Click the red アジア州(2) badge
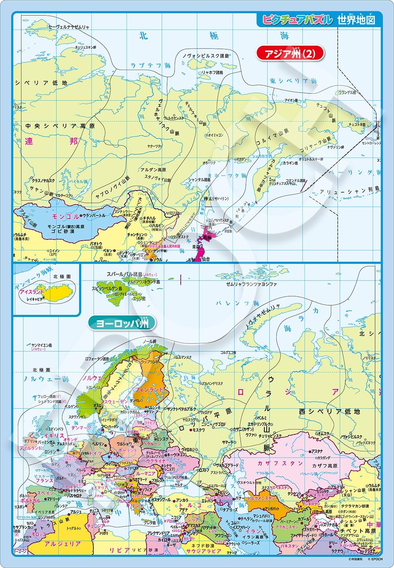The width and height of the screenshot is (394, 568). (x=290, y=54)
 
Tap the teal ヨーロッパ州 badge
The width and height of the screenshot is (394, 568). (x=121, y=324)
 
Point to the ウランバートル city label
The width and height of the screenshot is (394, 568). (x=94, y=216)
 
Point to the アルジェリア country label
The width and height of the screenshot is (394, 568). (x=62, y=544)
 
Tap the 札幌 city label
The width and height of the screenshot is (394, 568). (x=207, y=238)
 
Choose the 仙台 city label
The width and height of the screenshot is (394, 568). (x=205, y=259)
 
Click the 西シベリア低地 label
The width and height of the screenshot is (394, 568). (x=329, y=411)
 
